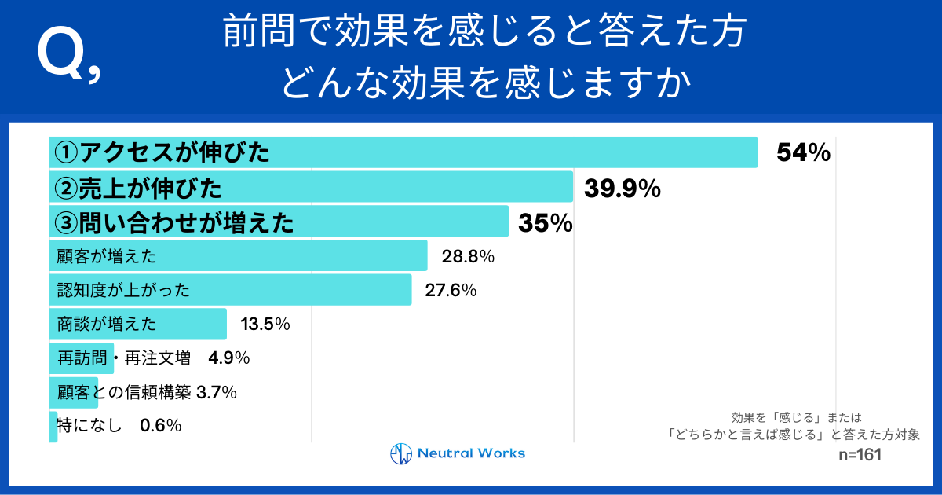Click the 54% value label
tap(803, 153)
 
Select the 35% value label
tap(545, 223)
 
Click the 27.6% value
tap(451, 290)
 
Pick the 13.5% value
tap(265, 324)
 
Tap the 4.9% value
tap(228, 358)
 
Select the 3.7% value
tap(217, 392)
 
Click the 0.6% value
tap(160, 426)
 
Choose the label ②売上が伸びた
tap(138, 189)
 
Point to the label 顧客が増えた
tap(107, 256)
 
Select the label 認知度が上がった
tap(123, 290)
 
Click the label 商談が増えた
tap(107, 324)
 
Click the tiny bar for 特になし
tap(53, 426)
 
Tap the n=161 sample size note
tap(860, 455)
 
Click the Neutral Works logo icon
tap(401, 453)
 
